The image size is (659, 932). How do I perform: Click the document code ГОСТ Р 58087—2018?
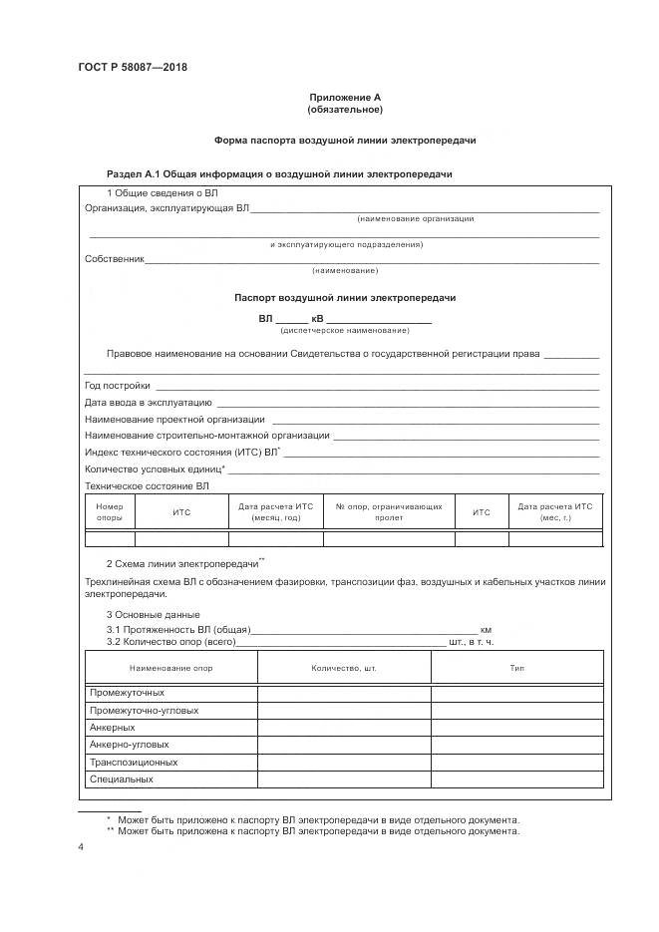tap(133, 68)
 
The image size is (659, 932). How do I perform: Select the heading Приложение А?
tap(345, 97)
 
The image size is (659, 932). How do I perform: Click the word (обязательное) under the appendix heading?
tap(345, 109)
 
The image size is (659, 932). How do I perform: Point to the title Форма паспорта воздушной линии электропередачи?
tap(345, 141)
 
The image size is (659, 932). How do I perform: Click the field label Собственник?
tap(115, 259)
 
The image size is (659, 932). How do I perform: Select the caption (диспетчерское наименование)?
tap(345, 330)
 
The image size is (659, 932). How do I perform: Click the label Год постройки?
tap(118, 385)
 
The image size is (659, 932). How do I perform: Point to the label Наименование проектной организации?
tap(174, 419)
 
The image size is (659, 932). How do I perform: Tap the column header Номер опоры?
tap(109, 512)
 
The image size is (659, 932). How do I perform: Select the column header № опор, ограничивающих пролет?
tap(389, 512)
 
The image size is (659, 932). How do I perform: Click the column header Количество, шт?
tap(344, 667)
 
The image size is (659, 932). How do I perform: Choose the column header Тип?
tap(517, 667)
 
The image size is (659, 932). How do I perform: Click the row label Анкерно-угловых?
tap(129, 745)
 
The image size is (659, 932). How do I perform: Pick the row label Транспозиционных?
tap(134, 762)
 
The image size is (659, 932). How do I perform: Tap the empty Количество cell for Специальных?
tap(344, 778)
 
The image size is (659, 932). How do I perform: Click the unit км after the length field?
tap(487, 630)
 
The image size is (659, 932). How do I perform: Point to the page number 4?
tap(81, 846)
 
